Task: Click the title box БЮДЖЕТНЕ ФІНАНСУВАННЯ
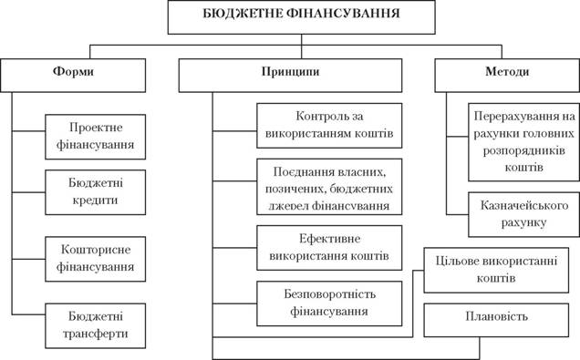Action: click(302, 17)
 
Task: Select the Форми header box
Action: click(73, 76)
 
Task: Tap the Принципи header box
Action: click(290, 76)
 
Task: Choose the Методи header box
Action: click(507, 76)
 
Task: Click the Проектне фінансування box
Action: click(96, 137)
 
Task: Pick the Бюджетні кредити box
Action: click(96, 192)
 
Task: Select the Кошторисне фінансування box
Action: click(96, 259)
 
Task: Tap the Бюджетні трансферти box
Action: click(96, 325)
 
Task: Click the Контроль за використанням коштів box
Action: click(329, 126)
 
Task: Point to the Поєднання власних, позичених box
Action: click(329, 187)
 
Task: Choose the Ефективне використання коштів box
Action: click(329, 248)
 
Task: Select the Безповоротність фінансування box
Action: click(329, 303)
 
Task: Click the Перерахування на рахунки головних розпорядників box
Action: click(523, 142)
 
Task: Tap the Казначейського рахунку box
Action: click(523, 214)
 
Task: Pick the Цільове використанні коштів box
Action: click(496, 270)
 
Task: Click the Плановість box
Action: click(496, 320)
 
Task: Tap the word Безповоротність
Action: click(329, 294)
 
